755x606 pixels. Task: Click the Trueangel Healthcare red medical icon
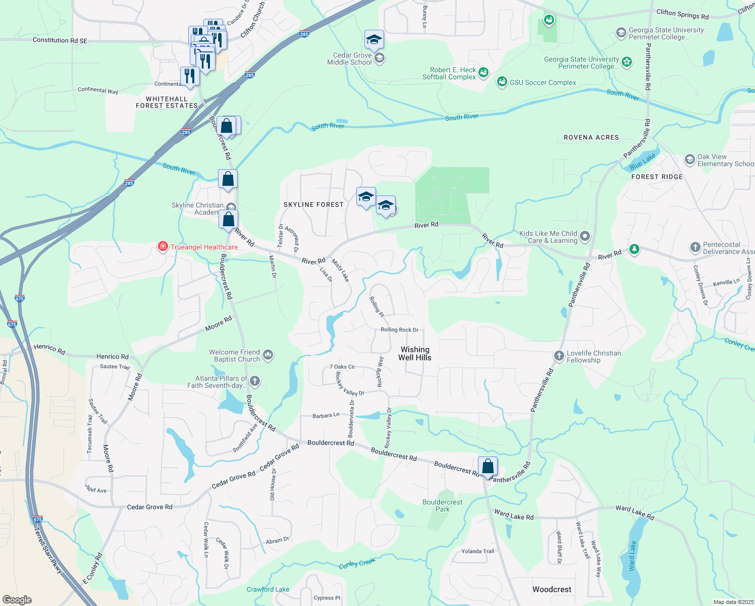click(x=163, y=246)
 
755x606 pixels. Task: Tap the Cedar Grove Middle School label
click(x=350, y=59)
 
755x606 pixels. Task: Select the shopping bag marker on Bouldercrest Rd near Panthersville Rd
click(x=488, y=466)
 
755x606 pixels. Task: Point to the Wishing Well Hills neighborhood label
click(x=415, y=353)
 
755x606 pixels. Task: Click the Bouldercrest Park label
click(x=442, y=506)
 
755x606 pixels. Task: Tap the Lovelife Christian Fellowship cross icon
click(x=559, y=356)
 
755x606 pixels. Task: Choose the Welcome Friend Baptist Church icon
click(x=268, y=356)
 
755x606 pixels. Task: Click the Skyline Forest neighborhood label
click(x=313, y=205)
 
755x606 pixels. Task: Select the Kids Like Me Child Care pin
click(x=585, y=236)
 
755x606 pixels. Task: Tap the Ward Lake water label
click(x=633, y=555)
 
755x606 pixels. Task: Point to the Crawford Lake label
click(x=268, y=589)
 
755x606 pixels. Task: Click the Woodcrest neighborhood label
click(x=552, y=589)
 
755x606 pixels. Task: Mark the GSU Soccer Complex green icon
click(x=502, y=82)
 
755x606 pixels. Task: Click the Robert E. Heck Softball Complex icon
click(x=483, y=73)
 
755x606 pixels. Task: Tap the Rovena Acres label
click(x=591, y=137)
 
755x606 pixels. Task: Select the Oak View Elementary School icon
click(x=689, y=160)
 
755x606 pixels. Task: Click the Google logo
click(x=17, y=600)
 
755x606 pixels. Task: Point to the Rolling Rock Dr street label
click(x=399, y=330)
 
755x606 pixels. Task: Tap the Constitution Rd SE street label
click(x=60, y=40)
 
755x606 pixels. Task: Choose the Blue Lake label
click(x=642, y=161)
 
